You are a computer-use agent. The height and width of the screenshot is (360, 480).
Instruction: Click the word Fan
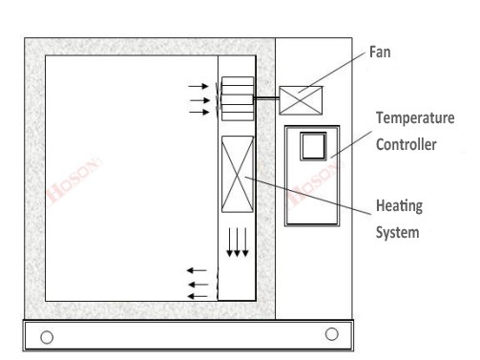tap(382, 53)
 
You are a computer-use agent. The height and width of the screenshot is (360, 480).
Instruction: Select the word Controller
tap(407, 146)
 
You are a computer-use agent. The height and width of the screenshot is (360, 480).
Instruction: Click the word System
tap(396, 231)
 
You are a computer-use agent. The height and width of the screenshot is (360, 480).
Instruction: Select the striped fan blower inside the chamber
tap(237, 98)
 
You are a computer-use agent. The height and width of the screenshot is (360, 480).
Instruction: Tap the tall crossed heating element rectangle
tap(237, 175)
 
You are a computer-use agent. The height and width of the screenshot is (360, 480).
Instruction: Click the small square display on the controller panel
tap(312, 145)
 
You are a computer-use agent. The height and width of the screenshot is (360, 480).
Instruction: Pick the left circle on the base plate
tap(46, 336)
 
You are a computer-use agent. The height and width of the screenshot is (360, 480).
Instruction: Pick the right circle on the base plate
tap(331, 333)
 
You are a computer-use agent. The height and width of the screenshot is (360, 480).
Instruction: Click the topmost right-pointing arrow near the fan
tap(198, 87)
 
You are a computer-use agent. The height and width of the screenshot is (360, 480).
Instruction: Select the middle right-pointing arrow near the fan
tap(198, 99)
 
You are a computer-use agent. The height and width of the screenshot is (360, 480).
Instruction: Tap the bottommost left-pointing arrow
tap(198, 296)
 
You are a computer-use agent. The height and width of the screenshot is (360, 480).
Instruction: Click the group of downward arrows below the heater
tap(238, 244)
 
